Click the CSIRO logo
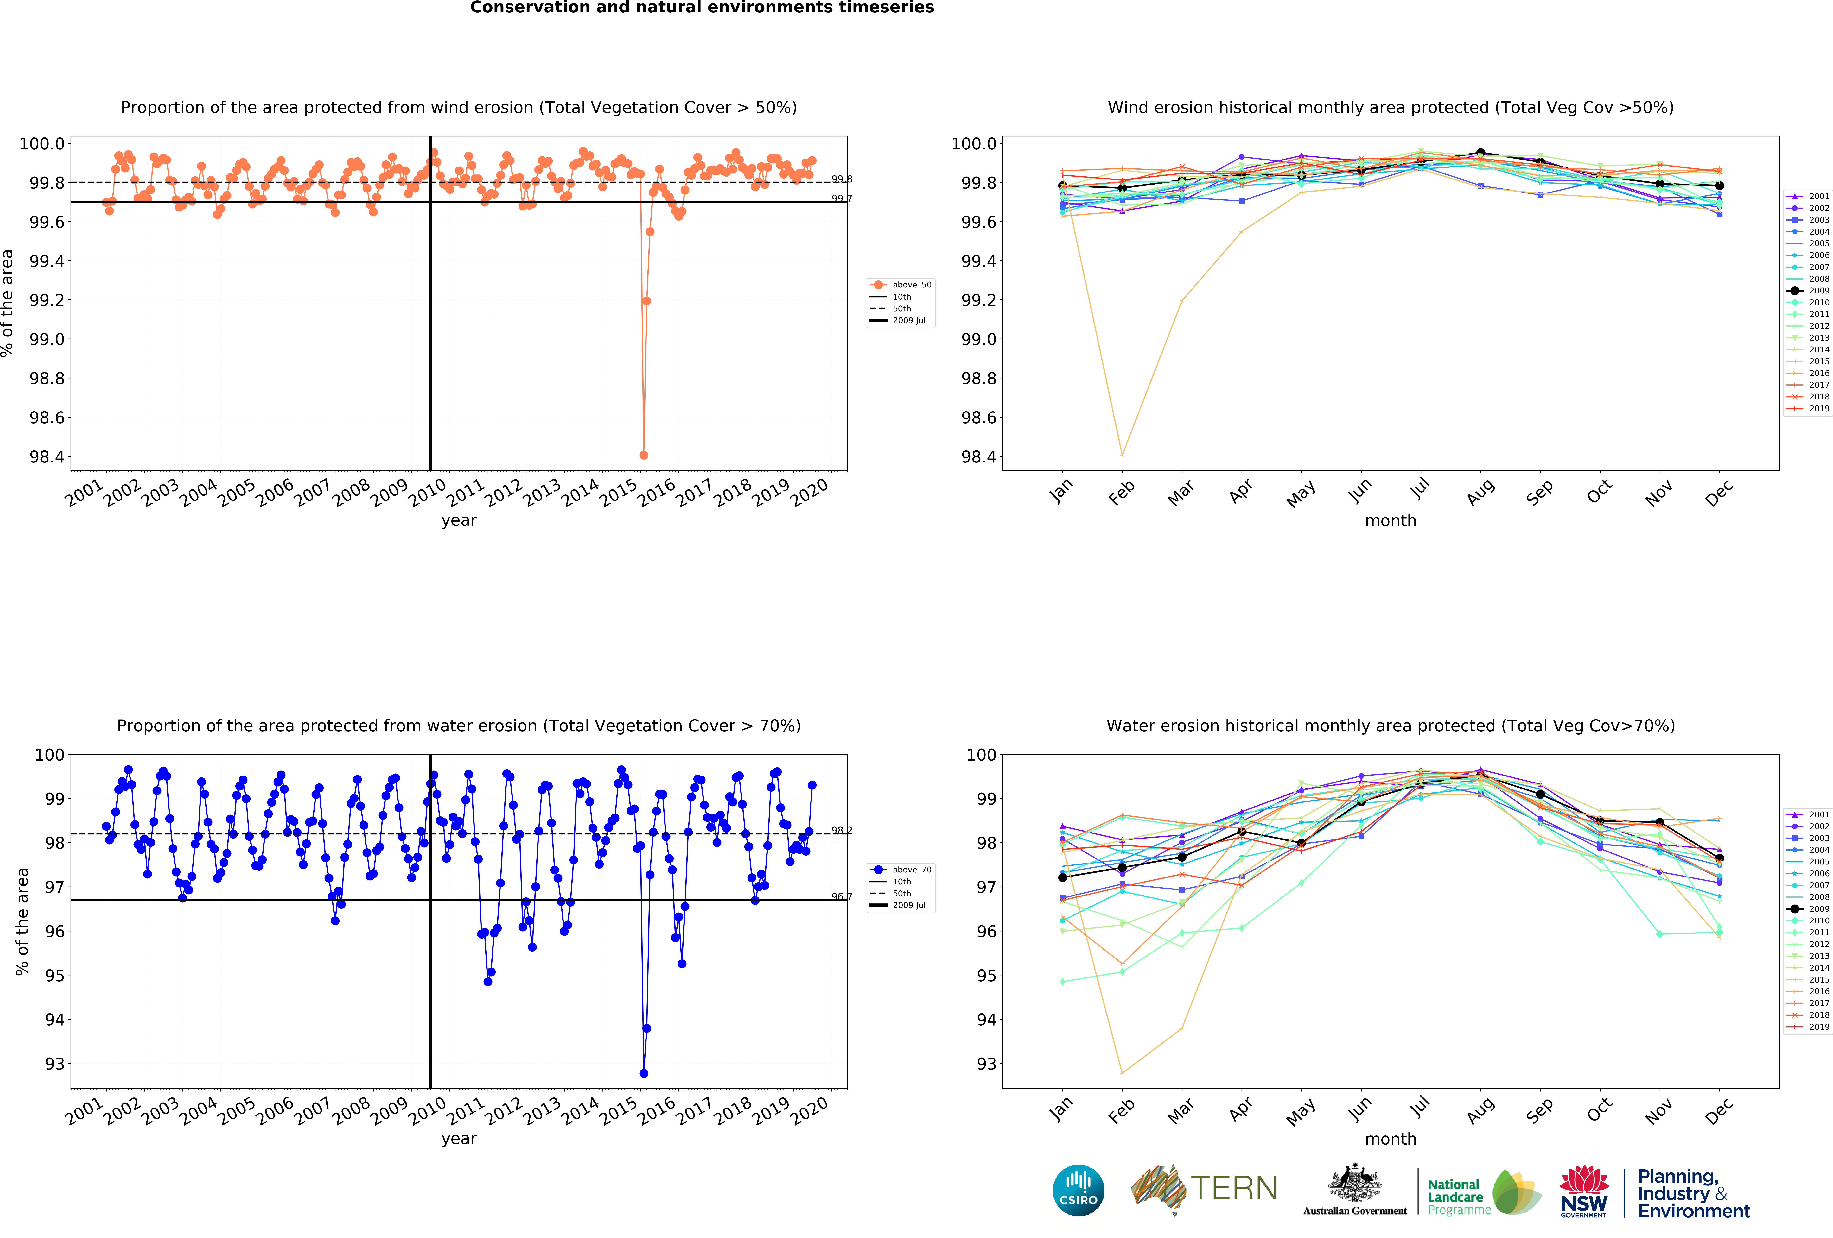(x=1078, y=1190)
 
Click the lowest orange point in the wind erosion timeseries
(x=644, y=455)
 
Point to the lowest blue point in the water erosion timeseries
(x=644, y=1073)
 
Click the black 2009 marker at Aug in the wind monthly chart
(x=1480, y=152)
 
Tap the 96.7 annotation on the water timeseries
(x=842, y=896)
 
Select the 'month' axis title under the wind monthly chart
(x=1391, y=520)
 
